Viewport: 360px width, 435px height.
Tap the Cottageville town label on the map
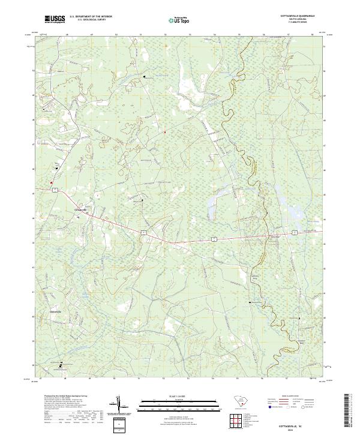[x=80, y=209]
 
